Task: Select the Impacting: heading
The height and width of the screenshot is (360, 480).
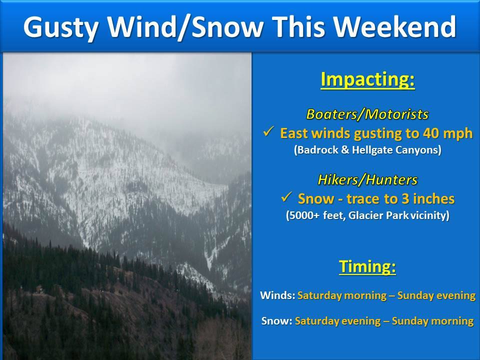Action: tap(367, 80)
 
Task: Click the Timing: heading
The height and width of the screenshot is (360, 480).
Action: tap(367, 266)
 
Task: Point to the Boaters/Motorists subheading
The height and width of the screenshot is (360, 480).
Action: tap(367, 114)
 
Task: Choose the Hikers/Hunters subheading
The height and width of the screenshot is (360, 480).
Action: tap(367, 179)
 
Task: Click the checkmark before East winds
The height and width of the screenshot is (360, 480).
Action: tap(268, 132)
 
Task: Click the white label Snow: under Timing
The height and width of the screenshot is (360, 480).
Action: tap(276, 321)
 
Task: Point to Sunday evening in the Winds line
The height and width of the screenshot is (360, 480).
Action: tap(436, 295)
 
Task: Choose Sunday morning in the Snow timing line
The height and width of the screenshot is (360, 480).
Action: tap(433, 321)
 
